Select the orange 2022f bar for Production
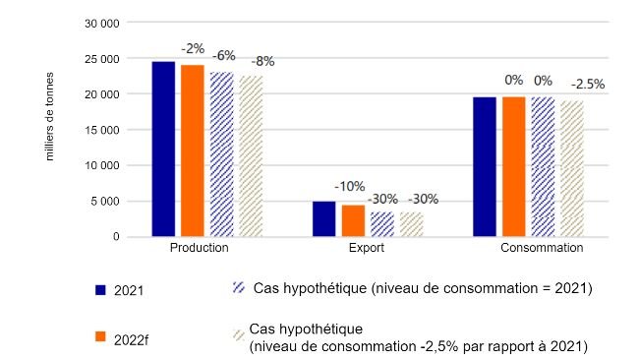192,150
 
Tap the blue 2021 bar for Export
324,219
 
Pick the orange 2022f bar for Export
353,221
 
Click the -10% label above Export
349,186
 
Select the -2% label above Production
192,47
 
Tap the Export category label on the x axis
367,249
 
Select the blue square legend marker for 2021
100,290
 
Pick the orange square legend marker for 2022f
100,336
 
